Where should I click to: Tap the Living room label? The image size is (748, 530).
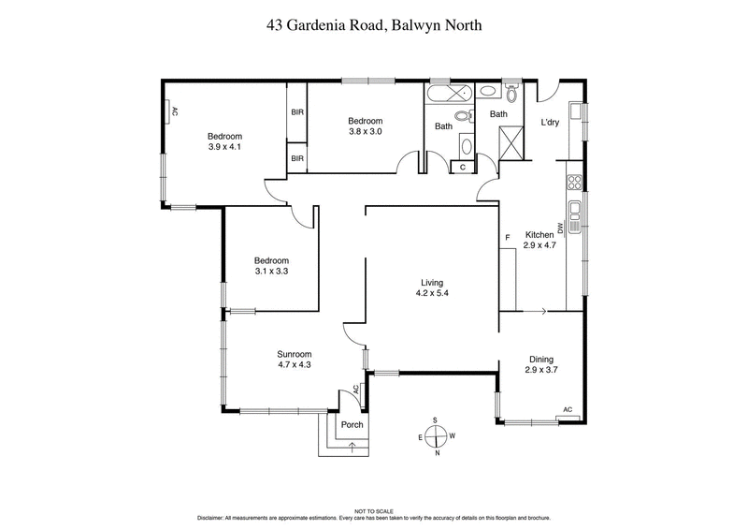[x=431, y=282]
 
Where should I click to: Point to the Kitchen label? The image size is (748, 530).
[x=539, y=234]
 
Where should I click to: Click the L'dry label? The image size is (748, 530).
[x=550, y=123]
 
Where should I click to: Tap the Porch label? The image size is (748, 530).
[x=352, y=425]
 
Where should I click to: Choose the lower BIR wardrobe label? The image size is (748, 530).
[x=297, y=158]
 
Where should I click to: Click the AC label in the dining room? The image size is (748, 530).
[x=568, y=409]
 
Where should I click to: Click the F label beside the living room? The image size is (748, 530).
[x=508, y=238]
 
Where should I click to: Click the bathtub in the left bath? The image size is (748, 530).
[x=450, y=96]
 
